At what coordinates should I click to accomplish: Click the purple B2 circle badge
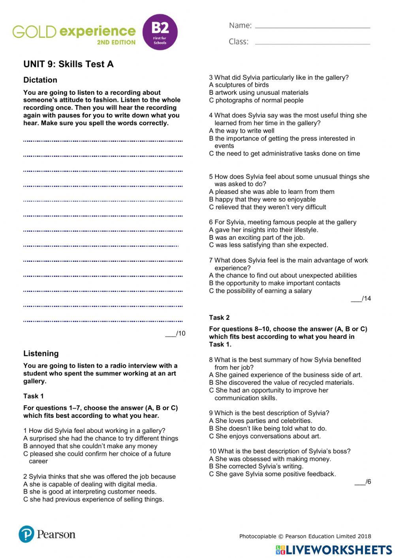click(x=160, y=32)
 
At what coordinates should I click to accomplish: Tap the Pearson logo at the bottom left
click(x=47, y=534)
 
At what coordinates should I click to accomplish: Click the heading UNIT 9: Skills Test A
click(x=68, y=64)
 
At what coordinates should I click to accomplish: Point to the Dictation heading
click(x=40, y=80)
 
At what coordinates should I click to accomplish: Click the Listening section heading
click(x=41, y=353)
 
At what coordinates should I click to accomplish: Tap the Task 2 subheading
click(x=219, y=318)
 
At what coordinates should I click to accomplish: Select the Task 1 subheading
click(x=34, y=396)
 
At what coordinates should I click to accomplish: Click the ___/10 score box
click(x=175, y=333)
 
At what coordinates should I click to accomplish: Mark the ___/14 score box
click(x=361, y=299)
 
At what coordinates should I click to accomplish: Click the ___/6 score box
click(x=363, y=482)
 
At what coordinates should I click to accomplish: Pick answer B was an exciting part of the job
click(x=257, y=237)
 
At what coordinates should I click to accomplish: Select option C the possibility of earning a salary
click(x=260, y=291)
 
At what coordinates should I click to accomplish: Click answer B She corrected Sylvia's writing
click(x=256, y=466)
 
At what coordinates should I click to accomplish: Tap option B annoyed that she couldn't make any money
click(x=90, y=446)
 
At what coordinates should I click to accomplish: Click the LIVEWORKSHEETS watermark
click(x=334, y=550)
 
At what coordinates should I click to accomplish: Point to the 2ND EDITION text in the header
click(x=116, y=42)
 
